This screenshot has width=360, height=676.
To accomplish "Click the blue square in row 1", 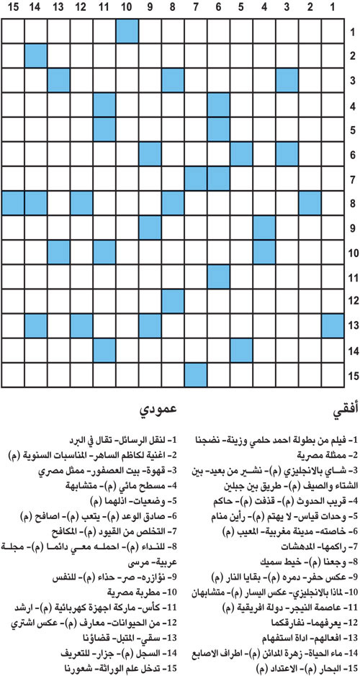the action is [x=127, y=32].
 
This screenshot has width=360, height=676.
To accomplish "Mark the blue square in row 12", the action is [x=172, y=301].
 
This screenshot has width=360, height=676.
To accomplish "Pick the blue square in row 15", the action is [x=195, y=374].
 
